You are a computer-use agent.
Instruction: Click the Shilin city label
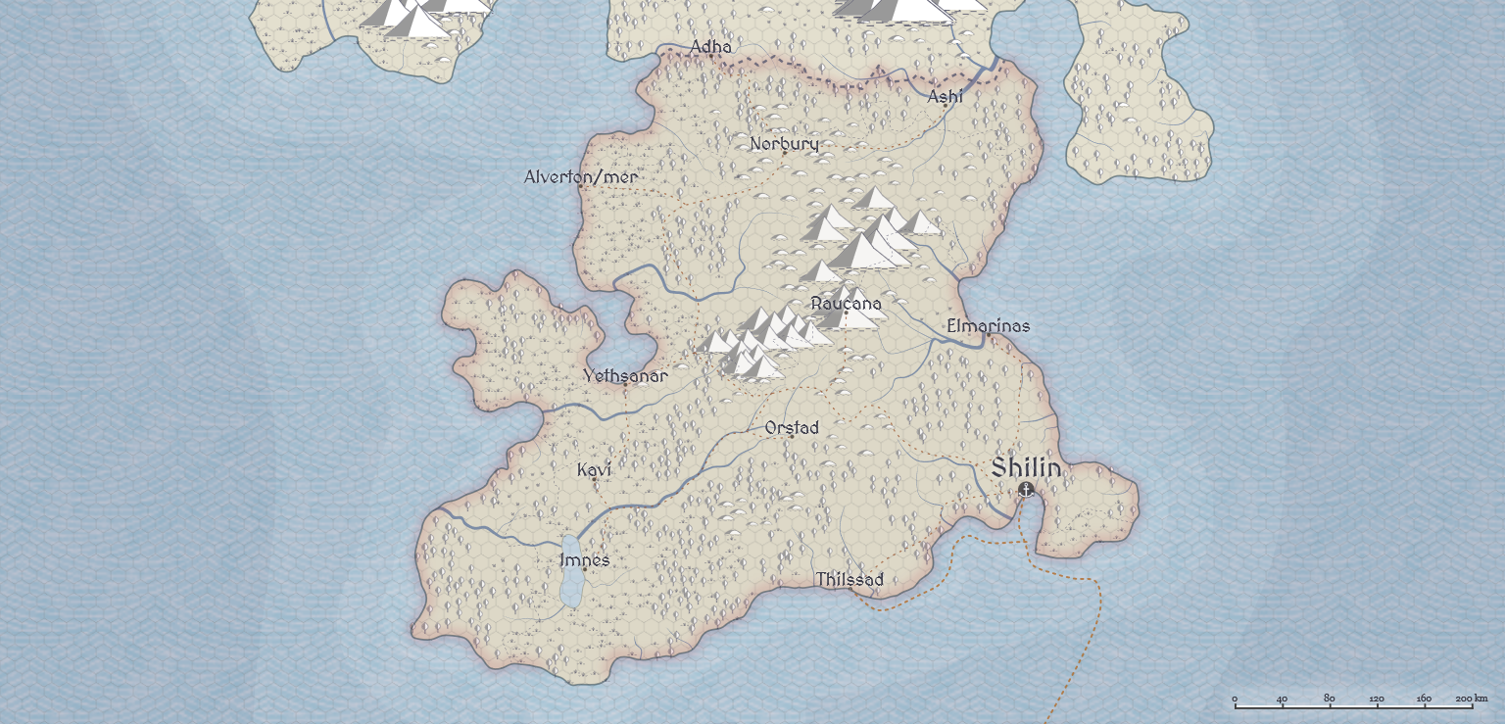1026,468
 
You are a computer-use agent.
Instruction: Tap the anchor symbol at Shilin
1026,489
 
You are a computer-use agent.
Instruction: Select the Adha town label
710,48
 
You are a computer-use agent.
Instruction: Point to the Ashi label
946,96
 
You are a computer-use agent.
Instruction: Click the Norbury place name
784,144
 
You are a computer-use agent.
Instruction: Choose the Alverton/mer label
581,177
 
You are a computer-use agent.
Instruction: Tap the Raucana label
847,304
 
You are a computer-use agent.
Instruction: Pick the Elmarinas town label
989,326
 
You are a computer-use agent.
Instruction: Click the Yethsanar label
625,376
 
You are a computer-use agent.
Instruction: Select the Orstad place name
792,428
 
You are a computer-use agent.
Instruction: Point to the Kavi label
594,470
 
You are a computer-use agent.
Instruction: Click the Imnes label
584,560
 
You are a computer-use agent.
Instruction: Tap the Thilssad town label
850,580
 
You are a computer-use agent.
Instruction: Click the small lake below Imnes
570,588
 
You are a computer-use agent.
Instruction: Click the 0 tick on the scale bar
1235,700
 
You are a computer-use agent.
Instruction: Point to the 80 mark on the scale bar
1330,699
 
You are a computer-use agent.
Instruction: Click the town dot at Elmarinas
988,335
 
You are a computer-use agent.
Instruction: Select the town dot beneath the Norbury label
784,153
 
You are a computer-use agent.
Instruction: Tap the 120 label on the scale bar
1377,699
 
